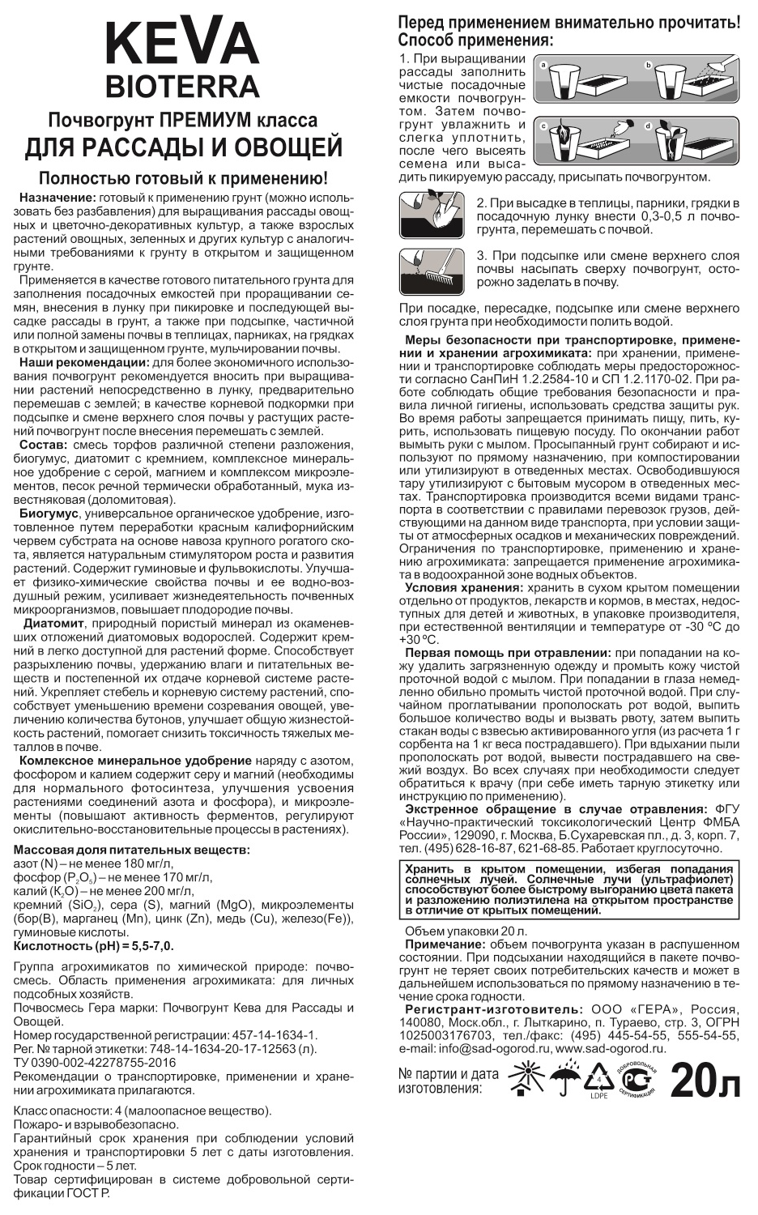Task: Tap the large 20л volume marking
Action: (x=705, y=1081)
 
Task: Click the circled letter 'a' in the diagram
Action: (x=544, y=64)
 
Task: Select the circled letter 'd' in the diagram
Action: (x=648, y=127)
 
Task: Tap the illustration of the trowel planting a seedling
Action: (x=432, y=215)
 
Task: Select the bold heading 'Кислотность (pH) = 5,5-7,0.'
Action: (x=94, y=945)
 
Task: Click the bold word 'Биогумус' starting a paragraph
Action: (x=49, y=514)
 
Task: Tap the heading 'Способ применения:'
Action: (x=476, y=40)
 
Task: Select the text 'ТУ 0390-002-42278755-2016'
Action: (x=95, y=1062)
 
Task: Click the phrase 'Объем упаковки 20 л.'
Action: (x=466, y=932)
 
